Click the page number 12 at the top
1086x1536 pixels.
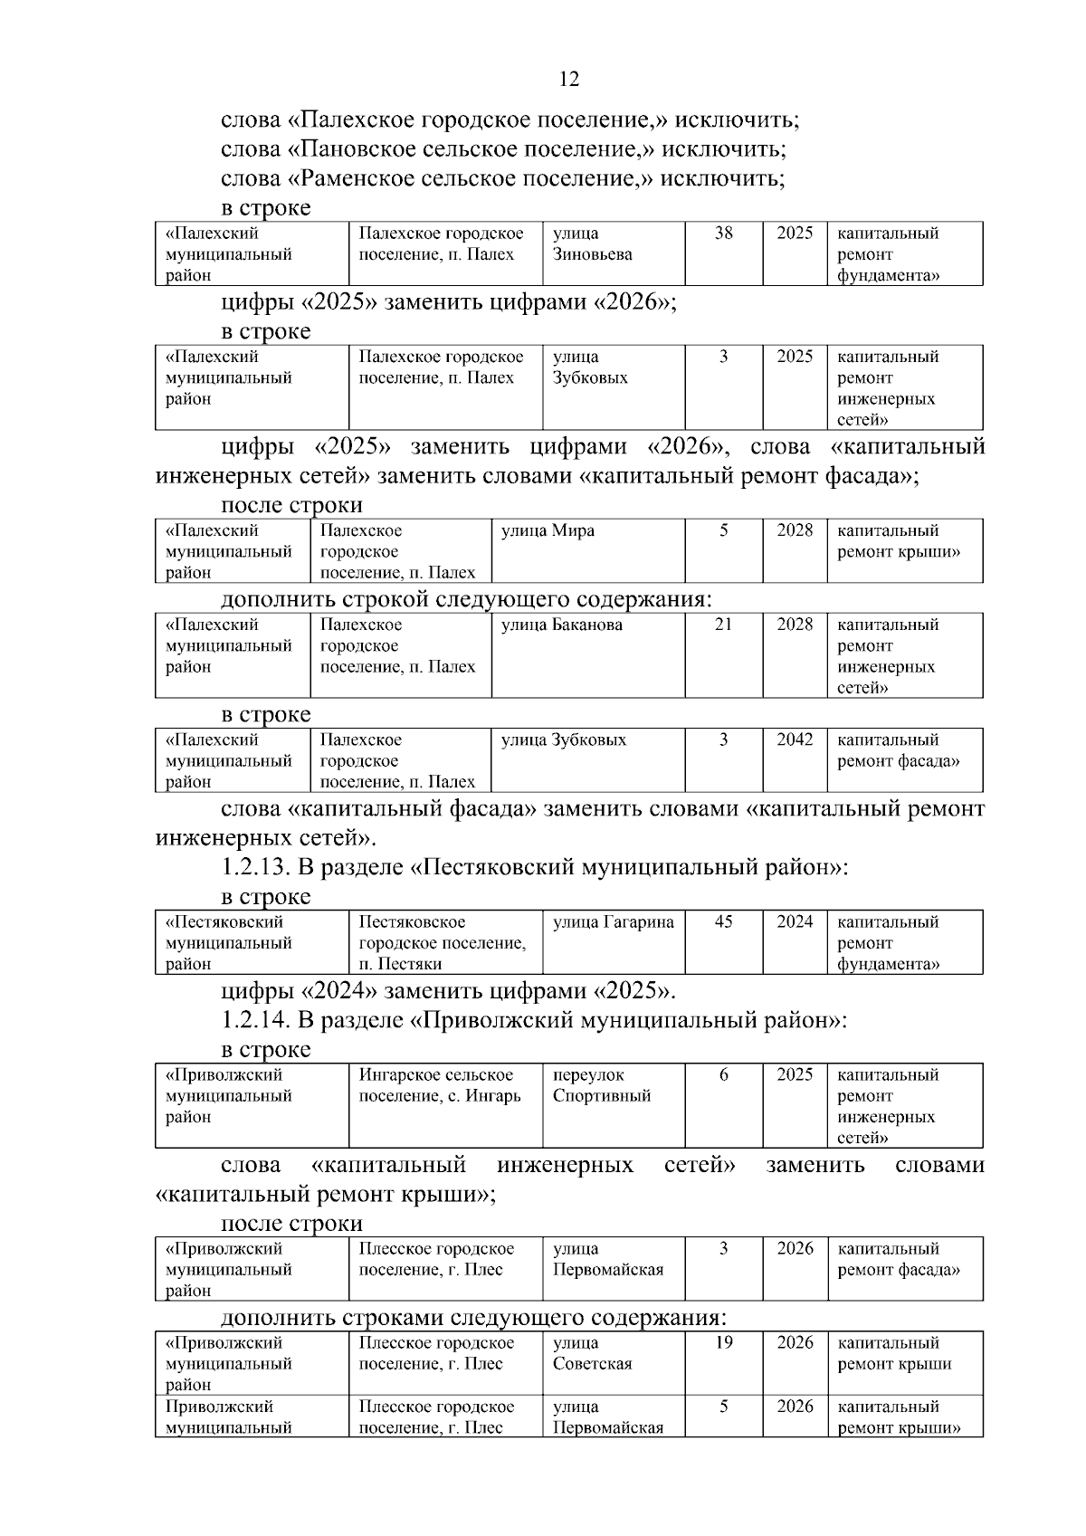coord(569,80)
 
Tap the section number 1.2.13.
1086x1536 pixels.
coord(255,868)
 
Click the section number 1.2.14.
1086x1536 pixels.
coord(255,1020)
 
